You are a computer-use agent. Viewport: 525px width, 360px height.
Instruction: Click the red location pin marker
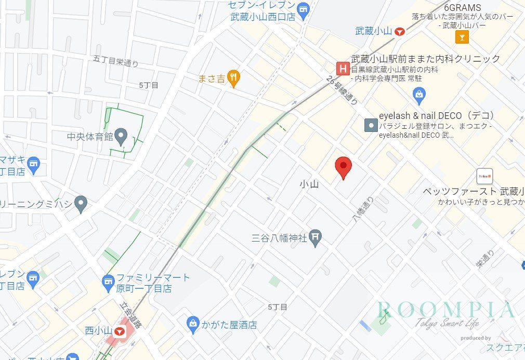pos(343,167)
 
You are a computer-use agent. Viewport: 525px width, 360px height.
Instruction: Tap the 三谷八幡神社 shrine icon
pos(316,238)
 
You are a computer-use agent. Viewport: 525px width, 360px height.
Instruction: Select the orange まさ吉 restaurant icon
pos(234,79)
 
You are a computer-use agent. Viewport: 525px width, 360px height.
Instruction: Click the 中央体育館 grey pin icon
pos(121,137)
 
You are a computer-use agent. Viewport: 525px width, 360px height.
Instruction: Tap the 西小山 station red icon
pos(120,330)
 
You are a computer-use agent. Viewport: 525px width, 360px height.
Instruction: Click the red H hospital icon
pos(342,68)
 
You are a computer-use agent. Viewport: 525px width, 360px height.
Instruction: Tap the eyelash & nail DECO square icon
pos(371,125)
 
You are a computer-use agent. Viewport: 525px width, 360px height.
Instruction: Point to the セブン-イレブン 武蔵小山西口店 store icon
pos(303,7)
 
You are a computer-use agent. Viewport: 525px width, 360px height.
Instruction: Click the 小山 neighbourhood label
pos(309,184)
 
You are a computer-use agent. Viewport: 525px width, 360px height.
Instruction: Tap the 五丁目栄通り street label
pos(116,61)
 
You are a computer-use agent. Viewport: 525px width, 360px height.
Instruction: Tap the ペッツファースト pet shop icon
pos(484,176)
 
